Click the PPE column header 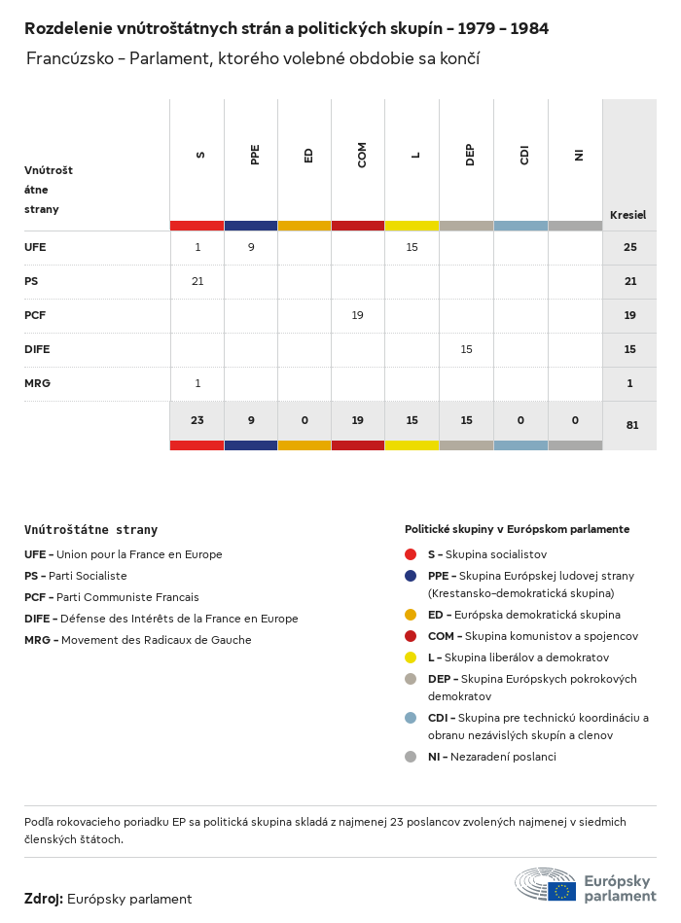click(255, 155)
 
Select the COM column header click(362, 155)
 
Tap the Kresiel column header click(627, 215)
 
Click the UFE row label click(35, 247)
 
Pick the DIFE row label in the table click(37, 349)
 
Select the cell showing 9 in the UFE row click(251, 247)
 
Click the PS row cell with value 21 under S click(197, 281)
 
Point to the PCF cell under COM click(357, 315)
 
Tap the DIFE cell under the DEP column click(466, 349)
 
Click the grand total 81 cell click(631, 424)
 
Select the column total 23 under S click(197, 420)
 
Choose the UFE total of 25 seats click(629, 247)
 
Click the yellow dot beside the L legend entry click(411, 658)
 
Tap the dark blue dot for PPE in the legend click(411, 575)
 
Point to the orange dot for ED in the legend click(411, 615)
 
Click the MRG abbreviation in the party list click(37, 640)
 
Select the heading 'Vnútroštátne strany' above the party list click(90, 530)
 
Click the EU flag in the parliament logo click(561, 890)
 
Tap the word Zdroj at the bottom click(43, 899)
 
